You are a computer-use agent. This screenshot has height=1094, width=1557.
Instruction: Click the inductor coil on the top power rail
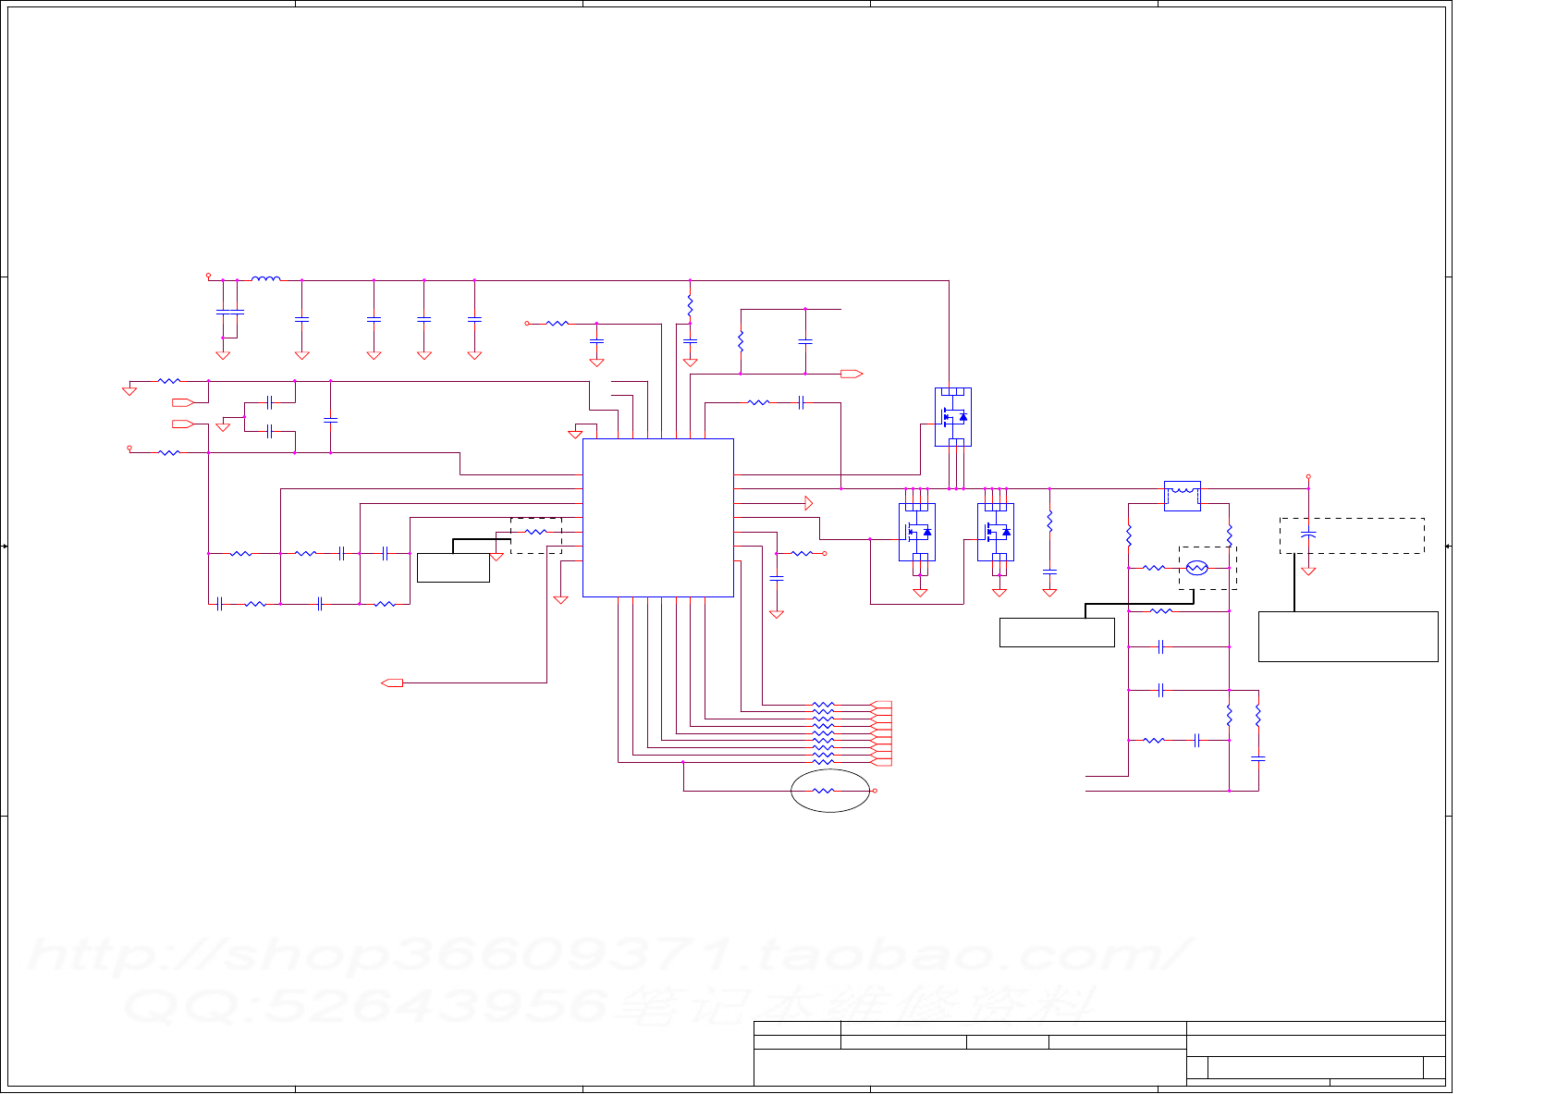tap(266, 278)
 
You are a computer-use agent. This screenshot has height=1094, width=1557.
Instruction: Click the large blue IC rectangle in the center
tap(657, 517)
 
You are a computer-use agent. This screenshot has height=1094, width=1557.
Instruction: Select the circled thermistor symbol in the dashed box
tap(1196, 568)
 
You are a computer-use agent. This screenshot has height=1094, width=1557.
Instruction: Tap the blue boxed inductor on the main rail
tap(1182, 495)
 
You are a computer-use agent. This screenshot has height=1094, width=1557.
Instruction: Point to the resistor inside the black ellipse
tap(823, 791)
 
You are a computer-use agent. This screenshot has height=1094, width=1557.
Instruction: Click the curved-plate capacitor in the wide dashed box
tap(1308, 535)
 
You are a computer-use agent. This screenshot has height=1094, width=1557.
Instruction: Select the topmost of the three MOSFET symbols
tap(952, 416)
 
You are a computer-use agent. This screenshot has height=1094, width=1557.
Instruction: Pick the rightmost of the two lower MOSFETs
tap(996, 532)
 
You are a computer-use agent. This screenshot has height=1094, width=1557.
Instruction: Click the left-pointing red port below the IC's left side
tap(392, 682)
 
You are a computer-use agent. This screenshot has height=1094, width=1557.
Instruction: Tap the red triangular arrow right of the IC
tap(808, 503)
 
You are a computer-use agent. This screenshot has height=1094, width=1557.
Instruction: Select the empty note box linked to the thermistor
tap(1057, 633)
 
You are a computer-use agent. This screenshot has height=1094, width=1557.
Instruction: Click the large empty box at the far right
tap(1347, 636)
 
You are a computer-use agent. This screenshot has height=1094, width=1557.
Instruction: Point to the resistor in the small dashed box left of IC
tap(536, 532)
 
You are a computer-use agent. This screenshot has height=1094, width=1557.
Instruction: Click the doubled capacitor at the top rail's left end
tap(229, 312)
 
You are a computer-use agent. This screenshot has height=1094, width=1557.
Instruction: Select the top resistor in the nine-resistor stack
tap(823, 705)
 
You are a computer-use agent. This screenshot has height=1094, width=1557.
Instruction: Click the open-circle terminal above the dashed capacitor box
tap(1308, 477)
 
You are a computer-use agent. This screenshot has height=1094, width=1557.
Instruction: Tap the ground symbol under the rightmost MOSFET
tap(999, 593)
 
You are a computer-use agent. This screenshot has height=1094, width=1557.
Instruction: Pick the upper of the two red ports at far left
tap(182, 402)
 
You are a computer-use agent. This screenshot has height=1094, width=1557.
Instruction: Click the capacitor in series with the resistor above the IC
tap(802, 402)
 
